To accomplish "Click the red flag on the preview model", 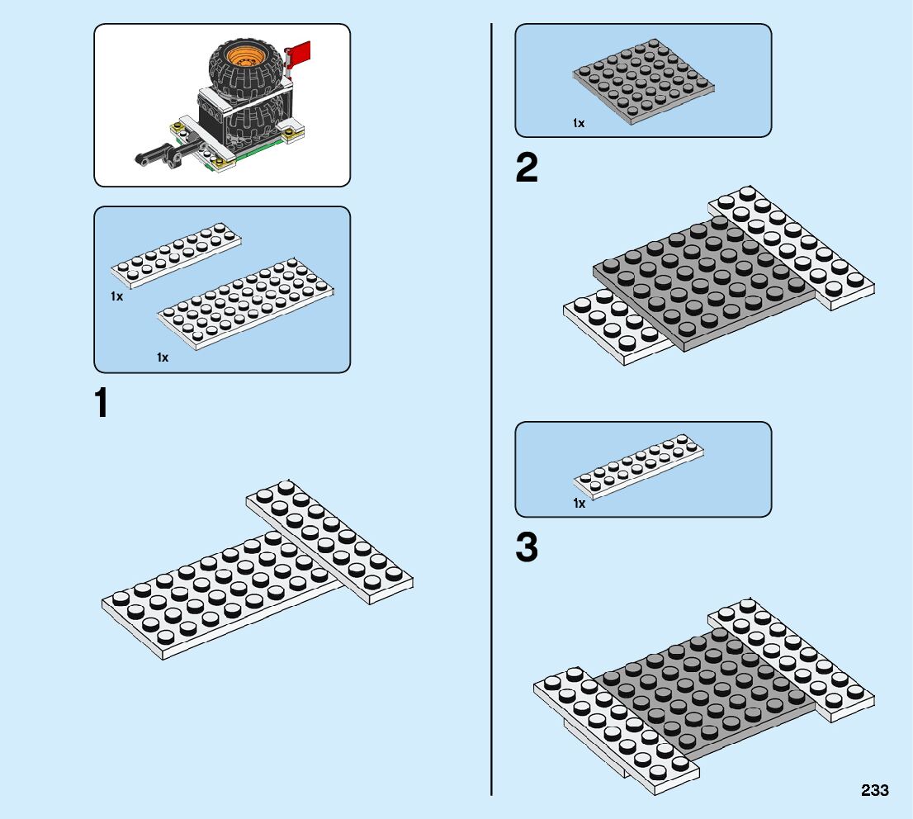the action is point(299,54).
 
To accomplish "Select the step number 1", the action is point(102,404).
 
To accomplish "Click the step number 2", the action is point(527,169).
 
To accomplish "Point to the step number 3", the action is point(527,548).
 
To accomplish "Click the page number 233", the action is point(874,790).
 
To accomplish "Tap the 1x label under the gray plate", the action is point(579,123).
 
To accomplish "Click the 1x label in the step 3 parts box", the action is point(579,503).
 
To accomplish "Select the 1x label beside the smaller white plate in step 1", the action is point(116,296).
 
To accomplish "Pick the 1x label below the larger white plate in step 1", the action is point(163,357).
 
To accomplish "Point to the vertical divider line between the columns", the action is point(492,413).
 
